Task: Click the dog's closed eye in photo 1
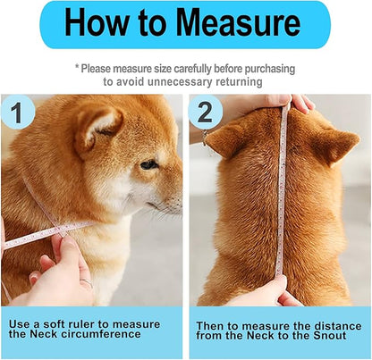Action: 148,165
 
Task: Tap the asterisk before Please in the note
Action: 78,68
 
